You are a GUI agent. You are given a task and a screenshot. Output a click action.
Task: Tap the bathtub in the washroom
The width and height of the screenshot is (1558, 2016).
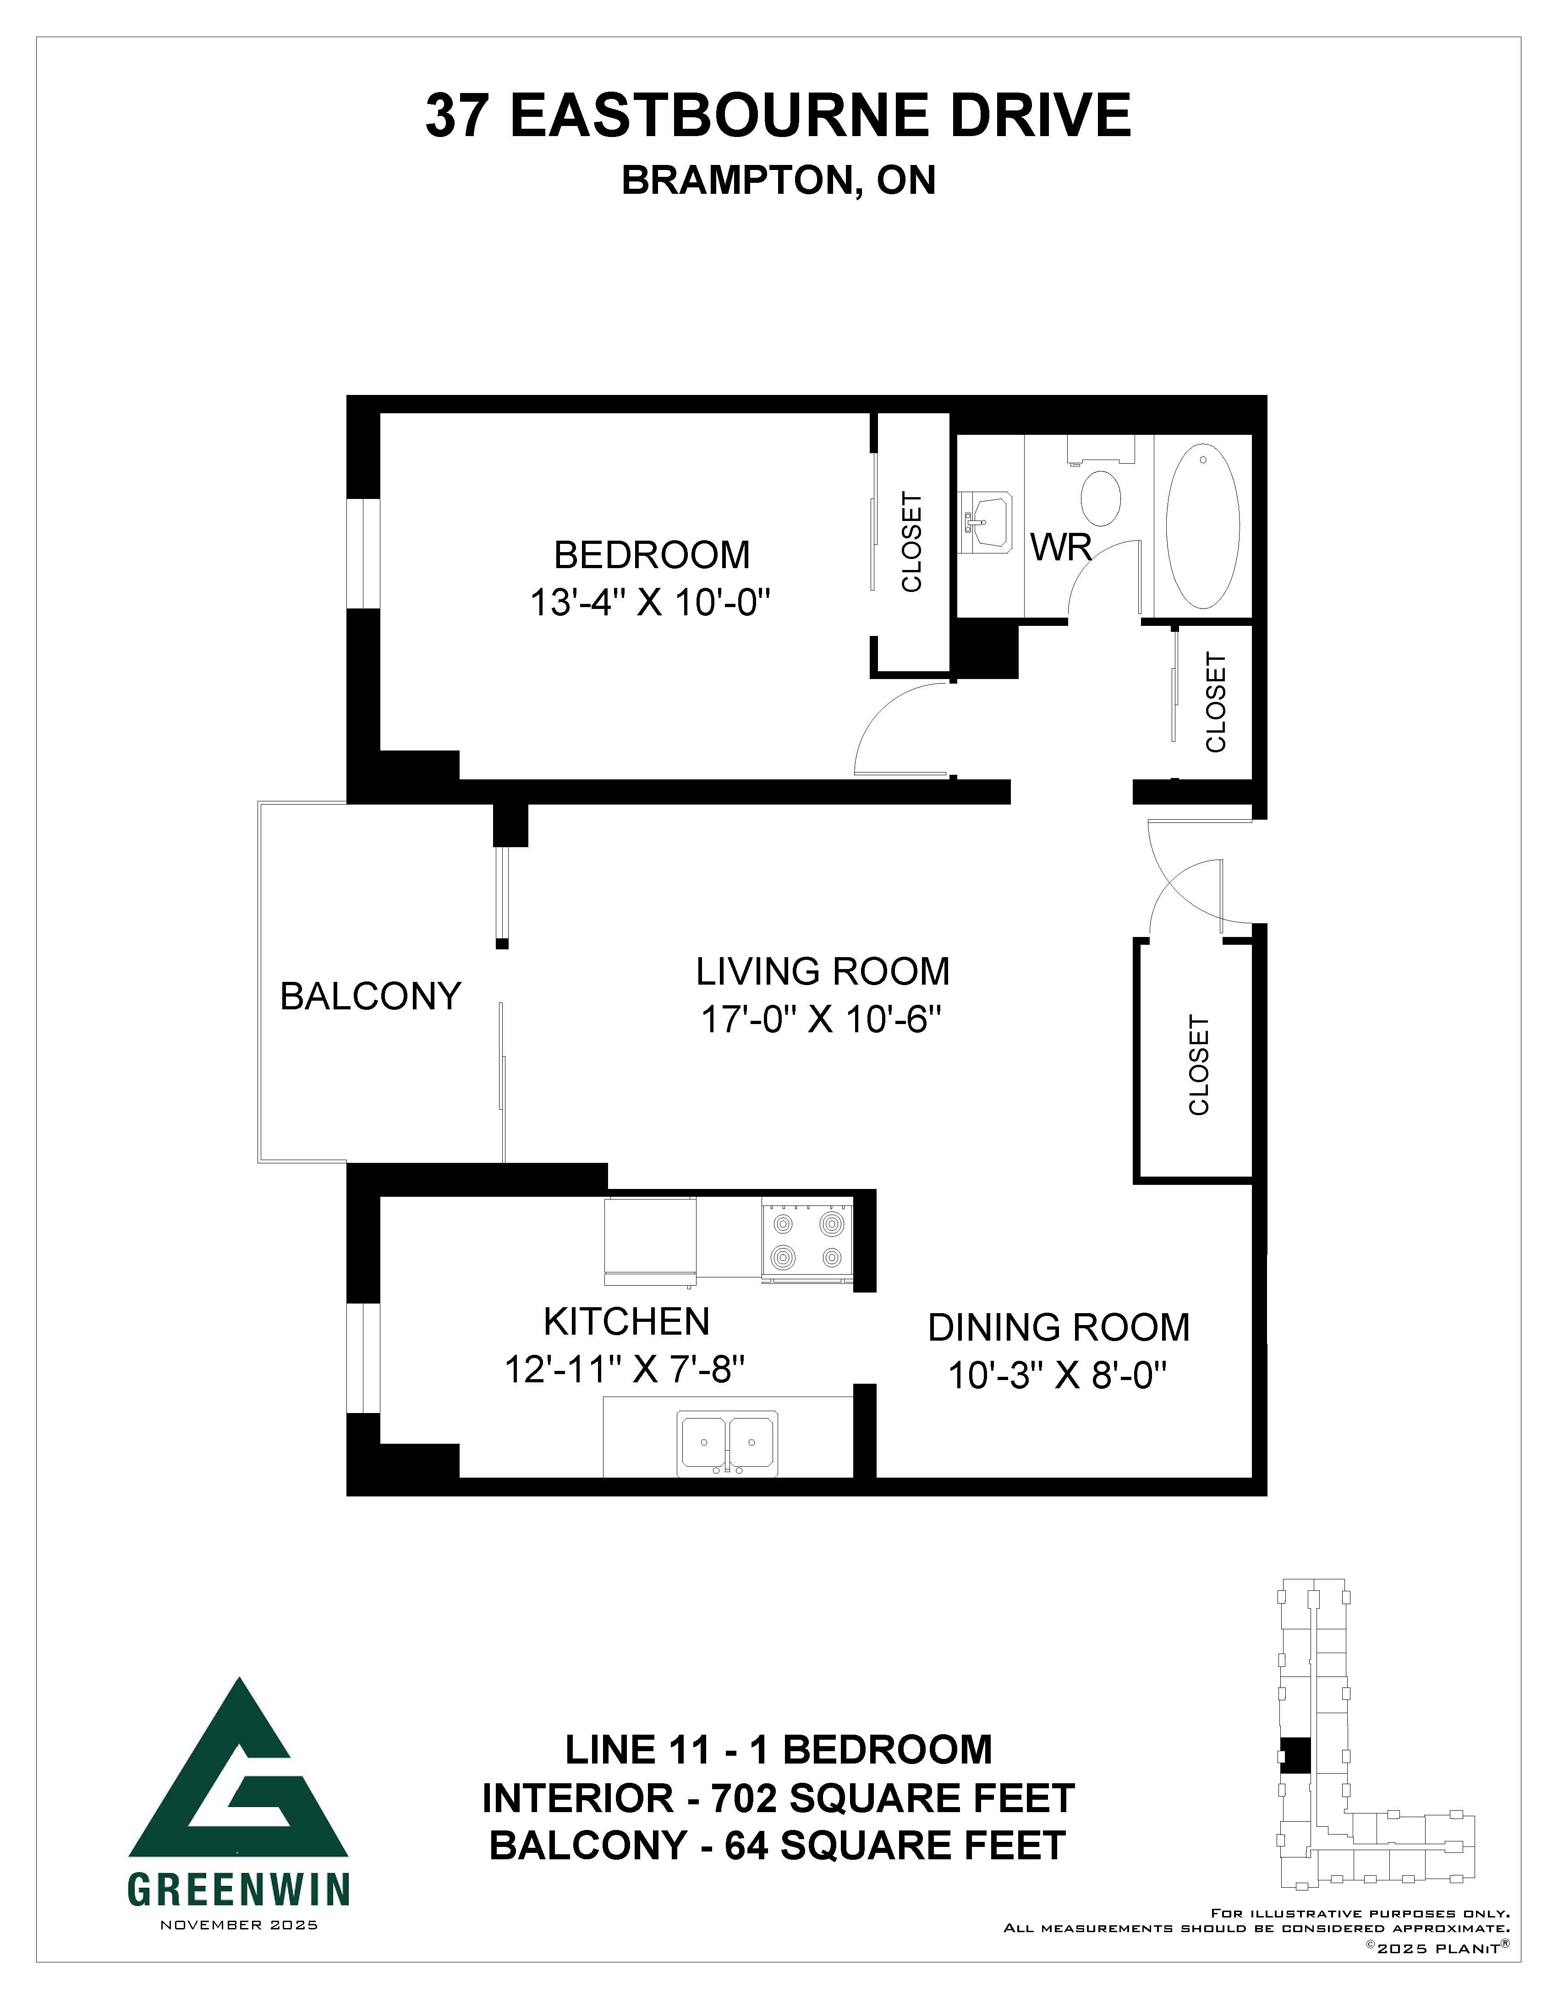[x=1203, y=526]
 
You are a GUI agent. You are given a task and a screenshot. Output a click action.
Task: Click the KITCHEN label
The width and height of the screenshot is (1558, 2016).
[x=627, y=1322]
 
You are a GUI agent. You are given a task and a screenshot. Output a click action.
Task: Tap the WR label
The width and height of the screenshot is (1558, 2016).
[x=1061, y=548]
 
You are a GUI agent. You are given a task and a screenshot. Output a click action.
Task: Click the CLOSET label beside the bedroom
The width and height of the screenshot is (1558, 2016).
[x=912, y=543]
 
